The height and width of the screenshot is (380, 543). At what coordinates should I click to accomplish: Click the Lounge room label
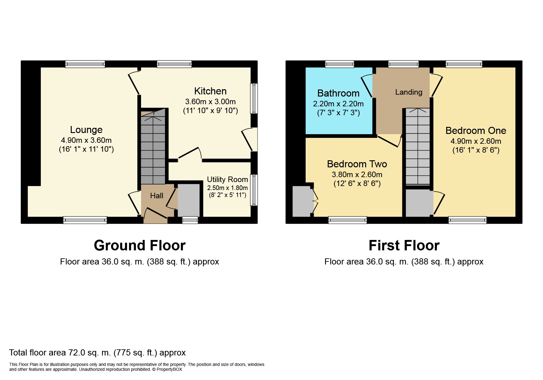click(x=86, y=130)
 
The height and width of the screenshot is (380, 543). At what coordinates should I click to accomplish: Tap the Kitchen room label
click(x=210, y=91)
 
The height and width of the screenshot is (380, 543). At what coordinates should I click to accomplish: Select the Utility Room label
click(x=228, y=180)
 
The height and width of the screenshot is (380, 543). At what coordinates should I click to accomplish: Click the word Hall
click(x=157, y=196)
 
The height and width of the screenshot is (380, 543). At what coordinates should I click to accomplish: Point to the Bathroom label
click(x=338, y=93)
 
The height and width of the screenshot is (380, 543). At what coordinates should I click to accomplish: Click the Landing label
click(x=409, y=92)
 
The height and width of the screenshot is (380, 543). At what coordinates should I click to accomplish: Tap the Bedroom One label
click(x=476, y=131)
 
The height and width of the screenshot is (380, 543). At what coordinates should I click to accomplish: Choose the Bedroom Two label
click(x=357, y=164)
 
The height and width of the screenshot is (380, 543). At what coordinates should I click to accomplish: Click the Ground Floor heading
click(x=140, y=245)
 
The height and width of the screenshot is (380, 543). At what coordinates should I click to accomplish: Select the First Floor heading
click(x=404, y=245)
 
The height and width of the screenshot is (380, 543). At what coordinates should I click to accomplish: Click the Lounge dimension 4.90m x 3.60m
click(x=86, y=140)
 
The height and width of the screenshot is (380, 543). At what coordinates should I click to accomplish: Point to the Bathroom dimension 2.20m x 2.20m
click(x=338, y=104)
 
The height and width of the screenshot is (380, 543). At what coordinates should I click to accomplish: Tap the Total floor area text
click(x=98, y=353)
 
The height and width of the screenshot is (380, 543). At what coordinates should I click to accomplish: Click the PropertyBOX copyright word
click(x=169, y=369)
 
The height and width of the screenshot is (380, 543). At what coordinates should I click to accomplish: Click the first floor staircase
click(x=418, y=146)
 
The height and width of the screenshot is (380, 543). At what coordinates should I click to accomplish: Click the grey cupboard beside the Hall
click(x=189, y=200)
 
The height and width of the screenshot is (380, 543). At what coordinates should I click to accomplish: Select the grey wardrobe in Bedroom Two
click(x=302, y=201)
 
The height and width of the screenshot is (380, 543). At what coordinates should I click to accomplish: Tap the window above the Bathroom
click(x=339, y=64)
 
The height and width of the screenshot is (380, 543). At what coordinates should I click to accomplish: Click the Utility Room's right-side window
click(x=254, y=190)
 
